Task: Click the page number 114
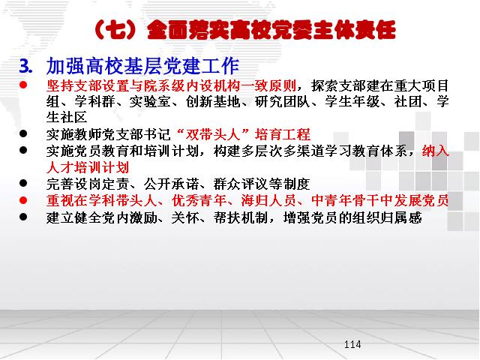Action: [352, 344]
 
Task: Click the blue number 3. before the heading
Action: [25, 66]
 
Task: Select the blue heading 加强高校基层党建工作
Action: [142, 66]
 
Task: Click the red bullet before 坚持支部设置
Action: [23, 85]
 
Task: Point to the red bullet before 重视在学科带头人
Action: [23, 200]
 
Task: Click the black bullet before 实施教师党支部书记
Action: [23, 133]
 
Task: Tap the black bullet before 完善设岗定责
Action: [23, 183]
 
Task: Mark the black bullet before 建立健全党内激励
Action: [23, 217]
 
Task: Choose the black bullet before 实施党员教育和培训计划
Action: [23, 150]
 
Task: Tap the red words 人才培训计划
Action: [88, 167]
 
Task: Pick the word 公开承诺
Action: [171, 184]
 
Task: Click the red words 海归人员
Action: [268, 201]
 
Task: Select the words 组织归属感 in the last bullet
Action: [387, 217]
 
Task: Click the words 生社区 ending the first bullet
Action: [67, 117]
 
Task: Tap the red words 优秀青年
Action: [199, 201]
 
